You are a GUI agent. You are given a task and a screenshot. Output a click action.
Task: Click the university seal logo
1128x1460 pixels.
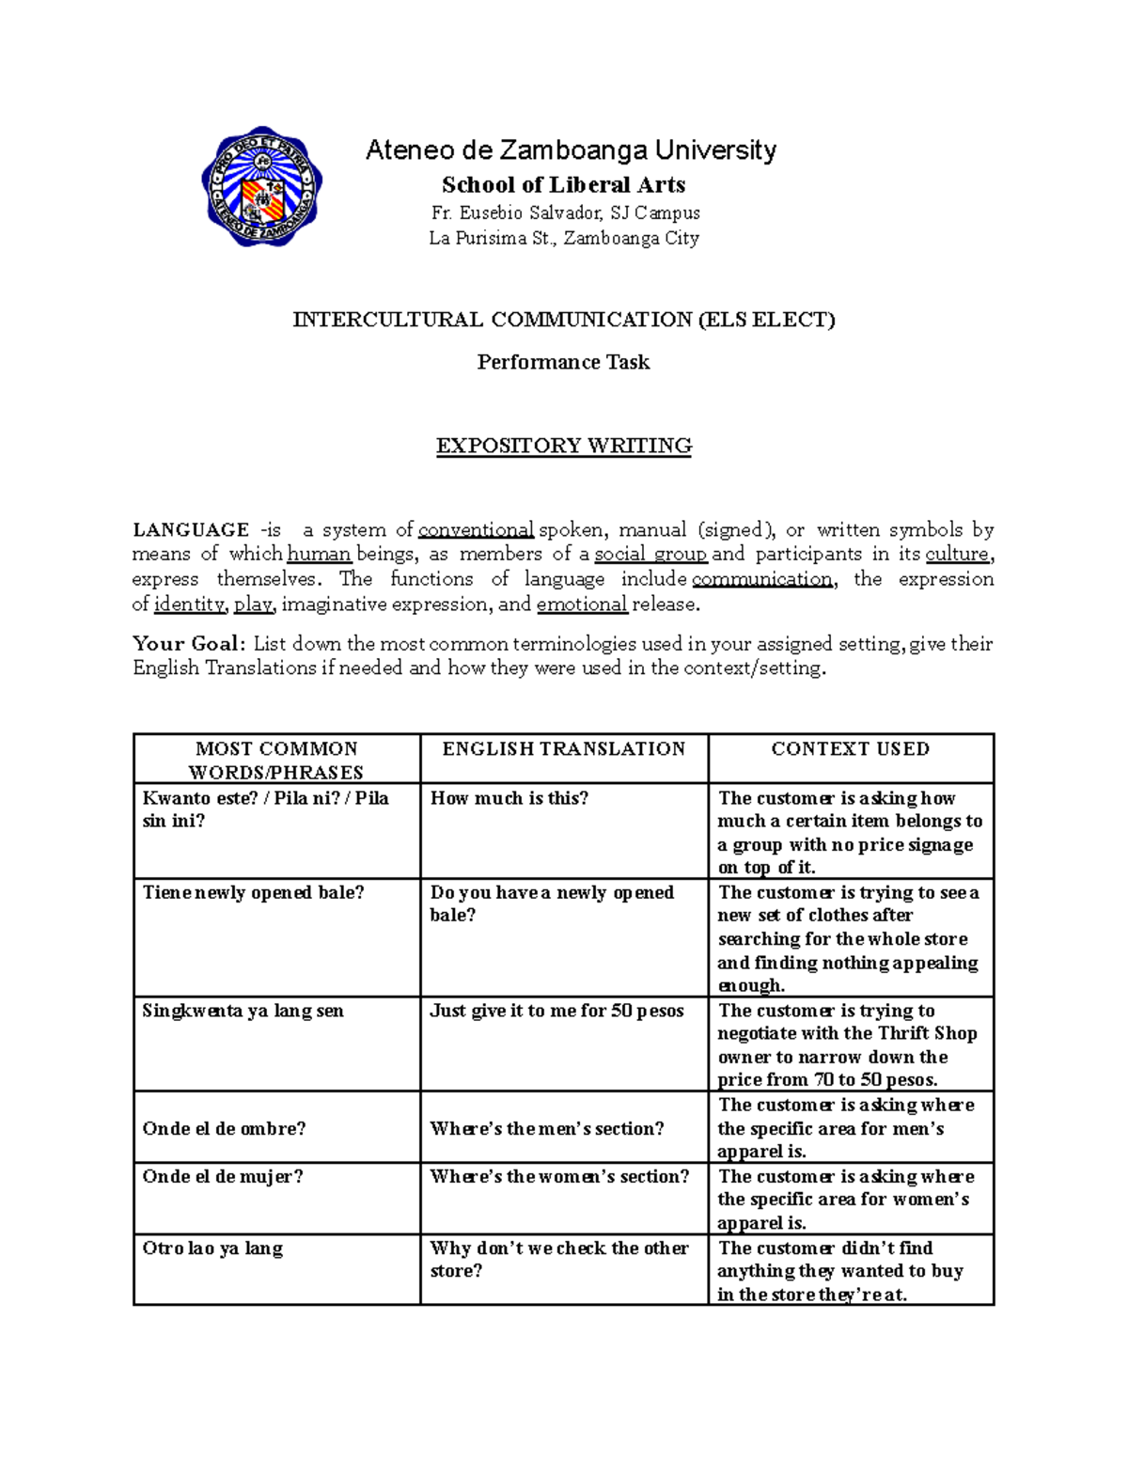pos(262,187)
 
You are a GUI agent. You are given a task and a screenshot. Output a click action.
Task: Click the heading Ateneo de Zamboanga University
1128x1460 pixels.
pos(571,150)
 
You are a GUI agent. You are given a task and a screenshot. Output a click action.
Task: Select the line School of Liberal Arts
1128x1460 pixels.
pos(564,184)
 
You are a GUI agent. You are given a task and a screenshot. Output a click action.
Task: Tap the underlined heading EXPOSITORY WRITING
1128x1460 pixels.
pos(564,446)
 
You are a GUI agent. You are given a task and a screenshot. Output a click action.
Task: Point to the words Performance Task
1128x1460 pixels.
pos(563,362)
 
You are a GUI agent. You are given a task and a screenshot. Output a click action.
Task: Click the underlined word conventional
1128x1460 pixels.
pos(477,530)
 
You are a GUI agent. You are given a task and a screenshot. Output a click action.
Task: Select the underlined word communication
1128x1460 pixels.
pos(761,579)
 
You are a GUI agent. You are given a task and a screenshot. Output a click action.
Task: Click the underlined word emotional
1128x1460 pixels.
pos(582,604)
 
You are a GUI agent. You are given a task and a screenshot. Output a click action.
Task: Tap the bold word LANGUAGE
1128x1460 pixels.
pos(191,530)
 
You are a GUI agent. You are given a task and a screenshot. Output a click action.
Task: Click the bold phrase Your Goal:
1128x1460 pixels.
pos(189,644)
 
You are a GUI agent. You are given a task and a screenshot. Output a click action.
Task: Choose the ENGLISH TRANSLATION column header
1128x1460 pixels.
pos(564,749)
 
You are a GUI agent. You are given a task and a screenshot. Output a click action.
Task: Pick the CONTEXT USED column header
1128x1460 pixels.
pos(851,749)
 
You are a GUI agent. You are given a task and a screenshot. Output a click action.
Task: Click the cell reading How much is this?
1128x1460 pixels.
pos(509,798)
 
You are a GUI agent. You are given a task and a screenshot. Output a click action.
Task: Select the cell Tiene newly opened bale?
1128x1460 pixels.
pos(253,892)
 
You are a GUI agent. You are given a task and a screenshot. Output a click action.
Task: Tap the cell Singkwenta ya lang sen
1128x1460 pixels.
pos(243,1011)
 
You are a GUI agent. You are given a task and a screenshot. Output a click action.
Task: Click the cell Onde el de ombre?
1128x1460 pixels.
pos(224,1128)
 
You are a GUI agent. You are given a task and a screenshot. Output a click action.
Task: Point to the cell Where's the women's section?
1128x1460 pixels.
pos(560,1177)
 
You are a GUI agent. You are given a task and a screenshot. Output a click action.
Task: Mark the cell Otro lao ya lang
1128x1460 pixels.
pos(212,1248)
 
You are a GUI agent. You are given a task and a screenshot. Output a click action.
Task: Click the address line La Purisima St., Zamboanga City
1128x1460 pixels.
pos(564,239)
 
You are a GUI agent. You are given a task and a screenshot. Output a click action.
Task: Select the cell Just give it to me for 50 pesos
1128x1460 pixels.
pos(557,1011)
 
